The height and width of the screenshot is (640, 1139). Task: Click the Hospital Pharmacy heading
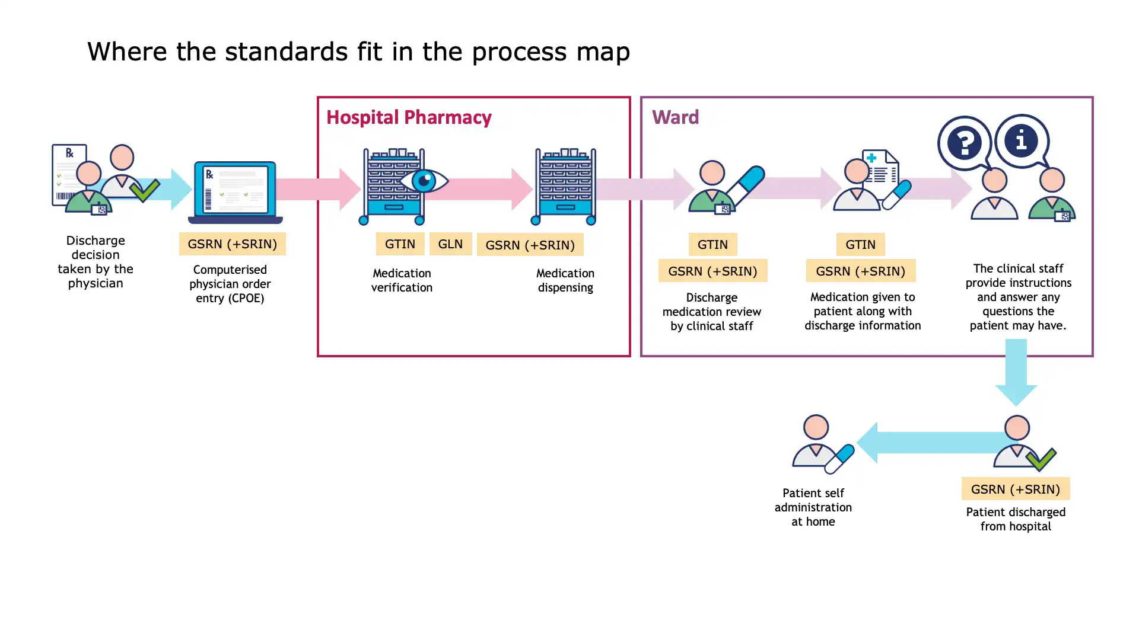(x=409, y=117)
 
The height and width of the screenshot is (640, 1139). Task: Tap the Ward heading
(x=675, y=117)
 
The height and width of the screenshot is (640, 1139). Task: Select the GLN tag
(x=450, y=244)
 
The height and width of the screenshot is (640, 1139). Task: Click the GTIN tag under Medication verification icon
(x=400, y=244)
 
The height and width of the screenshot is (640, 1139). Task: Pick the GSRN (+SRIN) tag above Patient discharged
(x=1015, y=489)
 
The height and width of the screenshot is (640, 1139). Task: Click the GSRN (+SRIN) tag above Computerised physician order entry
(x=232, y=244)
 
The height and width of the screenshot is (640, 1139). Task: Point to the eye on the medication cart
(x=424, y=181)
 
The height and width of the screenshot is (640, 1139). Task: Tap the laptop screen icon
(x=236, y=191)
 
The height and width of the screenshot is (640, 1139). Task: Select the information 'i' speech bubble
(x=1021, y=140)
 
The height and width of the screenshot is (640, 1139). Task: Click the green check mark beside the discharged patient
(x=1041, y=459)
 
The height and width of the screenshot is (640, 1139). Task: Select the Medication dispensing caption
(x=565, y=280)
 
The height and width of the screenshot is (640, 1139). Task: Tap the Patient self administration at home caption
(x=813, y=507)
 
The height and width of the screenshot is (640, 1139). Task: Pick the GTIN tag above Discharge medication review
(x=712, y=244)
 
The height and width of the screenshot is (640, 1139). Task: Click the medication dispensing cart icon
(x=565, y=187)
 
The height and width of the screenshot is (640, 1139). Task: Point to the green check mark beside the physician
(x=144, y=190)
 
